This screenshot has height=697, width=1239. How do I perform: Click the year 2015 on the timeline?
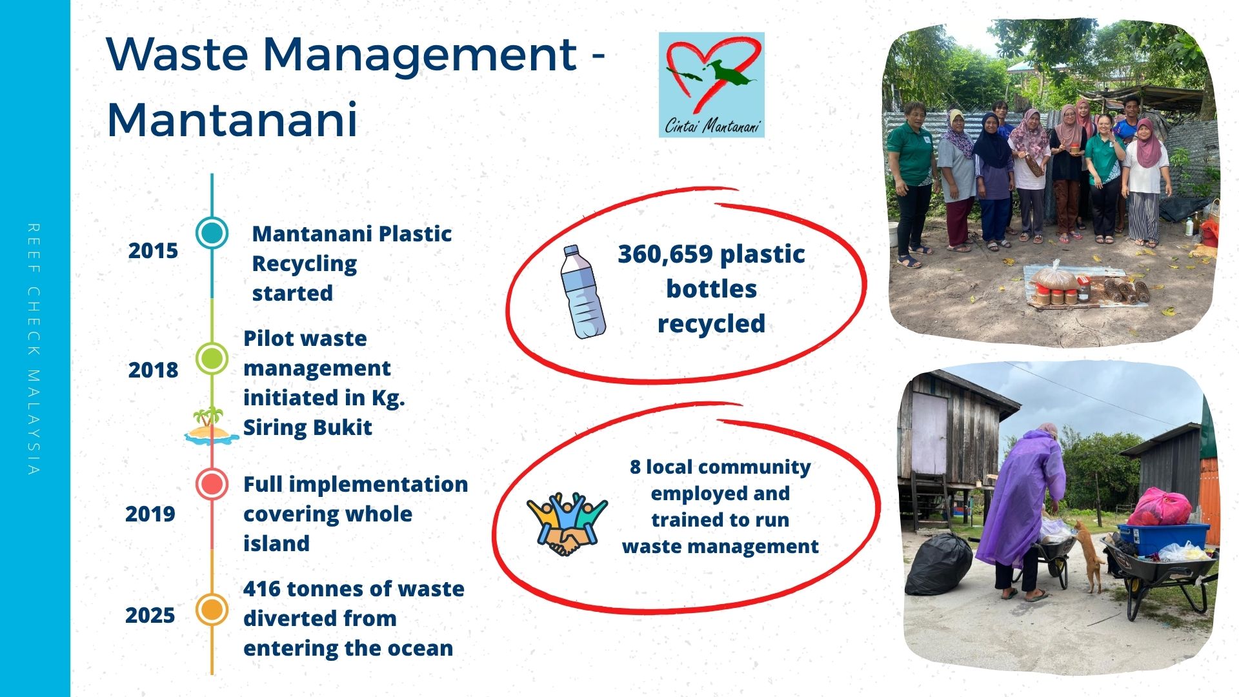click(153, 250)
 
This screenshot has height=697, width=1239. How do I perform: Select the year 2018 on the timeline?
click(153, 370)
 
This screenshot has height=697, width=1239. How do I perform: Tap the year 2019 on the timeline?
click(150, 514)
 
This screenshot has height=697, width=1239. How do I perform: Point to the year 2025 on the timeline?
click(150, 615)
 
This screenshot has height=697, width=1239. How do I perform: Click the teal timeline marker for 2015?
click(212, 232)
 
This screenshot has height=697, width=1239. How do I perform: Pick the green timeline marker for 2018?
click(212, 358)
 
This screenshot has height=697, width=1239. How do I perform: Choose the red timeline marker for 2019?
click(212, 484)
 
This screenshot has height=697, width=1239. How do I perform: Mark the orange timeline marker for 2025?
click(212, 610)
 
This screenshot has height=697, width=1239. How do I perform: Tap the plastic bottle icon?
click(583, 292)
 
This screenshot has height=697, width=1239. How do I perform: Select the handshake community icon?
click(567, 523)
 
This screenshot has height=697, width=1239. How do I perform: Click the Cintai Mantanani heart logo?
click(712, 85)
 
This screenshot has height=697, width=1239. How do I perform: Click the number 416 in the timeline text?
click(261, 589)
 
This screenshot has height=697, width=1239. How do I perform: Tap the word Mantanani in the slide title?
click(232, 119)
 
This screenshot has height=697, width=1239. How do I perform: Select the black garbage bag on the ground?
click(939, 563)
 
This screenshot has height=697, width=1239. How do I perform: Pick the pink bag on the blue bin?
click(1160, 508)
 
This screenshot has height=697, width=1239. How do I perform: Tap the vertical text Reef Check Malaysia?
click(34, 349)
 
